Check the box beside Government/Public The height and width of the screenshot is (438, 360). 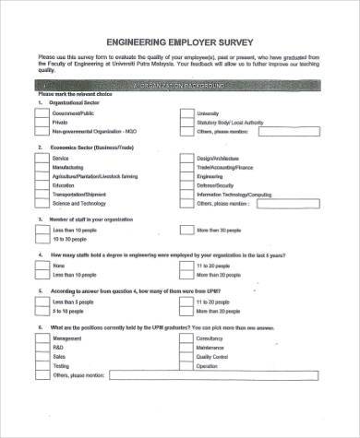[x=42, y=113]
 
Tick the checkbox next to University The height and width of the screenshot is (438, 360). [x=186, y=113]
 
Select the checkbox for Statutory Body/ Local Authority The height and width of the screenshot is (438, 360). [x=186, y=123]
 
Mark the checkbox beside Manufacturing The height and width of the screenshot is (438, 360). [x=42, y=168]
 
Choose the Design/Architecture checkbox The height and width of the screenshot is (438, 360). [x=186, y=159]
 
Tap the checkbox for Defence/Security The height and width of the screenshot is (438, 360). [x=186, y=185]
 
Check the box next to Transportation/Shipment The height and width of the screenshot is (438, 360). [x=42, y=195]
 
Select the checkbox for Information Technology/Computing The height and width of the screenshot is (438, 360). [x=186, y=195]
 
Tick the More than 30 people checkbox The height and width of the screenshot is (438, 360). [x=186, y=230]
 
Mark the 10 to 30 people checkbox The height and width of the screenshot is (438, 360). [x=42, y=239]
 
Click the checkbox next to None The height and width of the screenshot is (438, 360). [x=42, y=266]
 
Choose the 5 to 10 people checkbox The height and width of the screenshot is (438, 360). [x=42, y=311]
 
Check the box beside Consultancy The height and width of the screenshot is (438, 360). [x=186, y=338]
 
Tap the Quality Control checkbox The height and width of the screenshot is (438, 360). [x=186, y=356]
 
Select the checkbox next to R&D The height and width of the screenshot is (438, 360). [x=42, y=348]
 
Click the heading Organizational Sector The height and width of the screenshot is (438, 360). [x=78, y=104]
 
